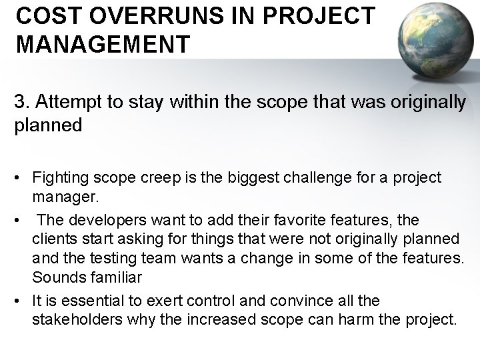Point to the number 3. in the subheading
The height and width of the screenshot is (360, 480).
tap(22, 103)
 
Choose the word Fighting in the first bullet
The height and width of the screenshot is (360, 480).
tap(59, 179)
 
